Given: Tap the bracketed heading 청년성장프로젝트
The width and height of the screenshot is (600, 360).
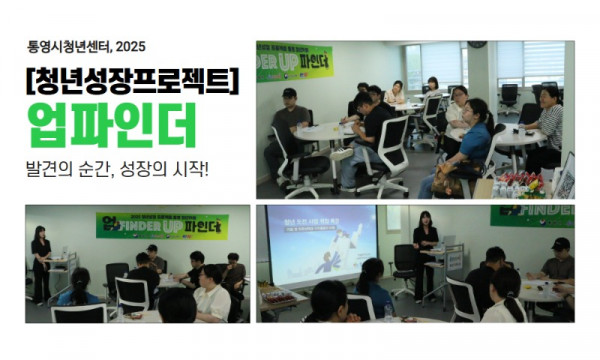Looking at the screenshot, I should tap(130, 81).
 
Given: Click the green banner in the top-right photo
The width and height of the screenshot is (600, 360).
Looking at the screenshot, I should tap(294, 61).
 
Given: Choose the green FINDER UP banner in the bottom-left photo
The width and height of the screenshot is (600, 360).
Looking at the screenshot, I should tap(162, 225).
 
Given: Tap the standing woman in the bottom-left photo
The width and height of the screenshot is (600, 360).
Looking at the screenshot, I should tap(41, 263).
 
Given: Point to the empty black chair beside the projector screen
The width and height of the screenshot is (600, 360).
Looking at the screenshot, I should tap(404, 264).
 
